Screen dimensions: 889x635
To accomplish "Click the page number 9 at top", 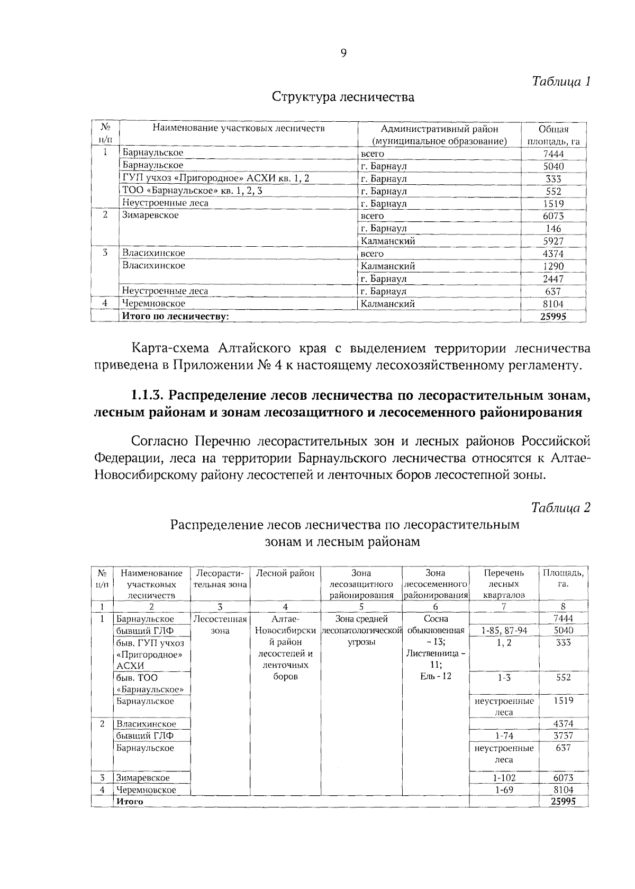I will click(343, 53).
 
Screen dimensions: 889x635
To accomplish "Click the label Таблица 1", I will click(560, 82).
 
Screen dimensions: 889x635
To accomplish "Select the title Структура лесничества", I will click(343, 97).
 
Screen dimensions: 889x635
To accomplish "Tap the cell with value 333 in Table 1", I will click(554, 179).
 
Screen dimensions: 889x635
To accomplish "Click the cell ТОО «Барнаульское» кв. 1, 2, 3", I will click(192, 191).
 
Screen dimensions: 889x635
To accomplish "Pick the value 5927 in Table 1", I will click(554, 241).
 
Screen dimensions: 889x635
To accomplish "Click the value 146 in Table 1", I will click(554, 229).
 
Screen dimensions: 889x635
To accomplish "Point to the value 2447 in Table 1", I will click(554, 279).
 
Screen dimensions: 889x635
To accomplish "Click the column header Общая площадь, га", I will click(554, 135).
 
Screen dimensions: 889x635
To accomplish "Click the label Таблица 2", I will click(560, 508).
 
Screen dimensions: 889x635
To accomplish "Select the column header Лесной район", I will click(285, 573).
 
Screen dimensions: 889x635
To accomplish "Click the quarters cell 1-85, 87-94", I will click(504, 631).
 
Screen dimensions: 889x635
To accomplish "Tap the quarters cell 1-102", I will click(504, 778).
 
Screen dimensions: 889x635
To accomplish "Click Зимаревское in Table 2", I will click(143, 778).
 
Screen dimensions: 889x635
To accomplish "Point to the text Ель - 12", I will click(436, 676).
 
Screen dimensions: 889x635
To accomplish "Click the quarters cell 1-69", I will click(504, 789).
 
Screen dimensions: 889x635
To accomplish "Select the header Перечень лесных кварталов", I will click(504, 584).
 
